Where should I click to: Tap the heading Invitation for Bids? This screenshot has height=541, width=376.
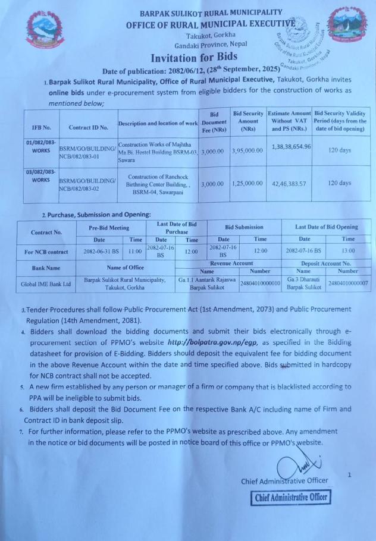[x=193, y=57]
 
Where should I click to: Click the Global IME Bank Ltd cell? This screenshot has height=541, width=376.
[x=46, y=284]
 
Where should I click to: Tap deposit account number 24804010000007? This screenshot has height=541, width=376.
[x=348, y=284]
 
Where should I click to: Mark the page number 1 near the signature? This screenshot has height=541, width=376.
[x=350, y=475]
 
